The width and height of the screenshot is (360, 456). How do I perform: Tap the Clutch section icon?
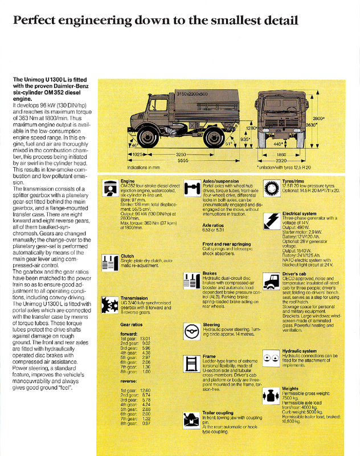click(x=109, y=262)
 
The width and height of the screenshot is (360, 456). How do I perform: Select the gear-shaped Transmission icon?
click(x=109, y=305)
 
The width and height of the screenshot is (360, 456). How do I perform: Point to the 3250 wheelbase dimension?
click(x=181, y=154)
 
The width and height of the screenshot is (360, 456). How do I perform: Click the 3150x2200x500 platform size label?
click(x=191, y=93)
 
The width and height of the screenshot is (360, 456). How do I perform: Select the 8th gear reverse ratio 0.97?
click(x=146, y=422)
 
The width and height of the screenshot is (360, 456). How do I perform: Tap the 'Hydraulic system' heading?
click(x=300, y=351)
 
